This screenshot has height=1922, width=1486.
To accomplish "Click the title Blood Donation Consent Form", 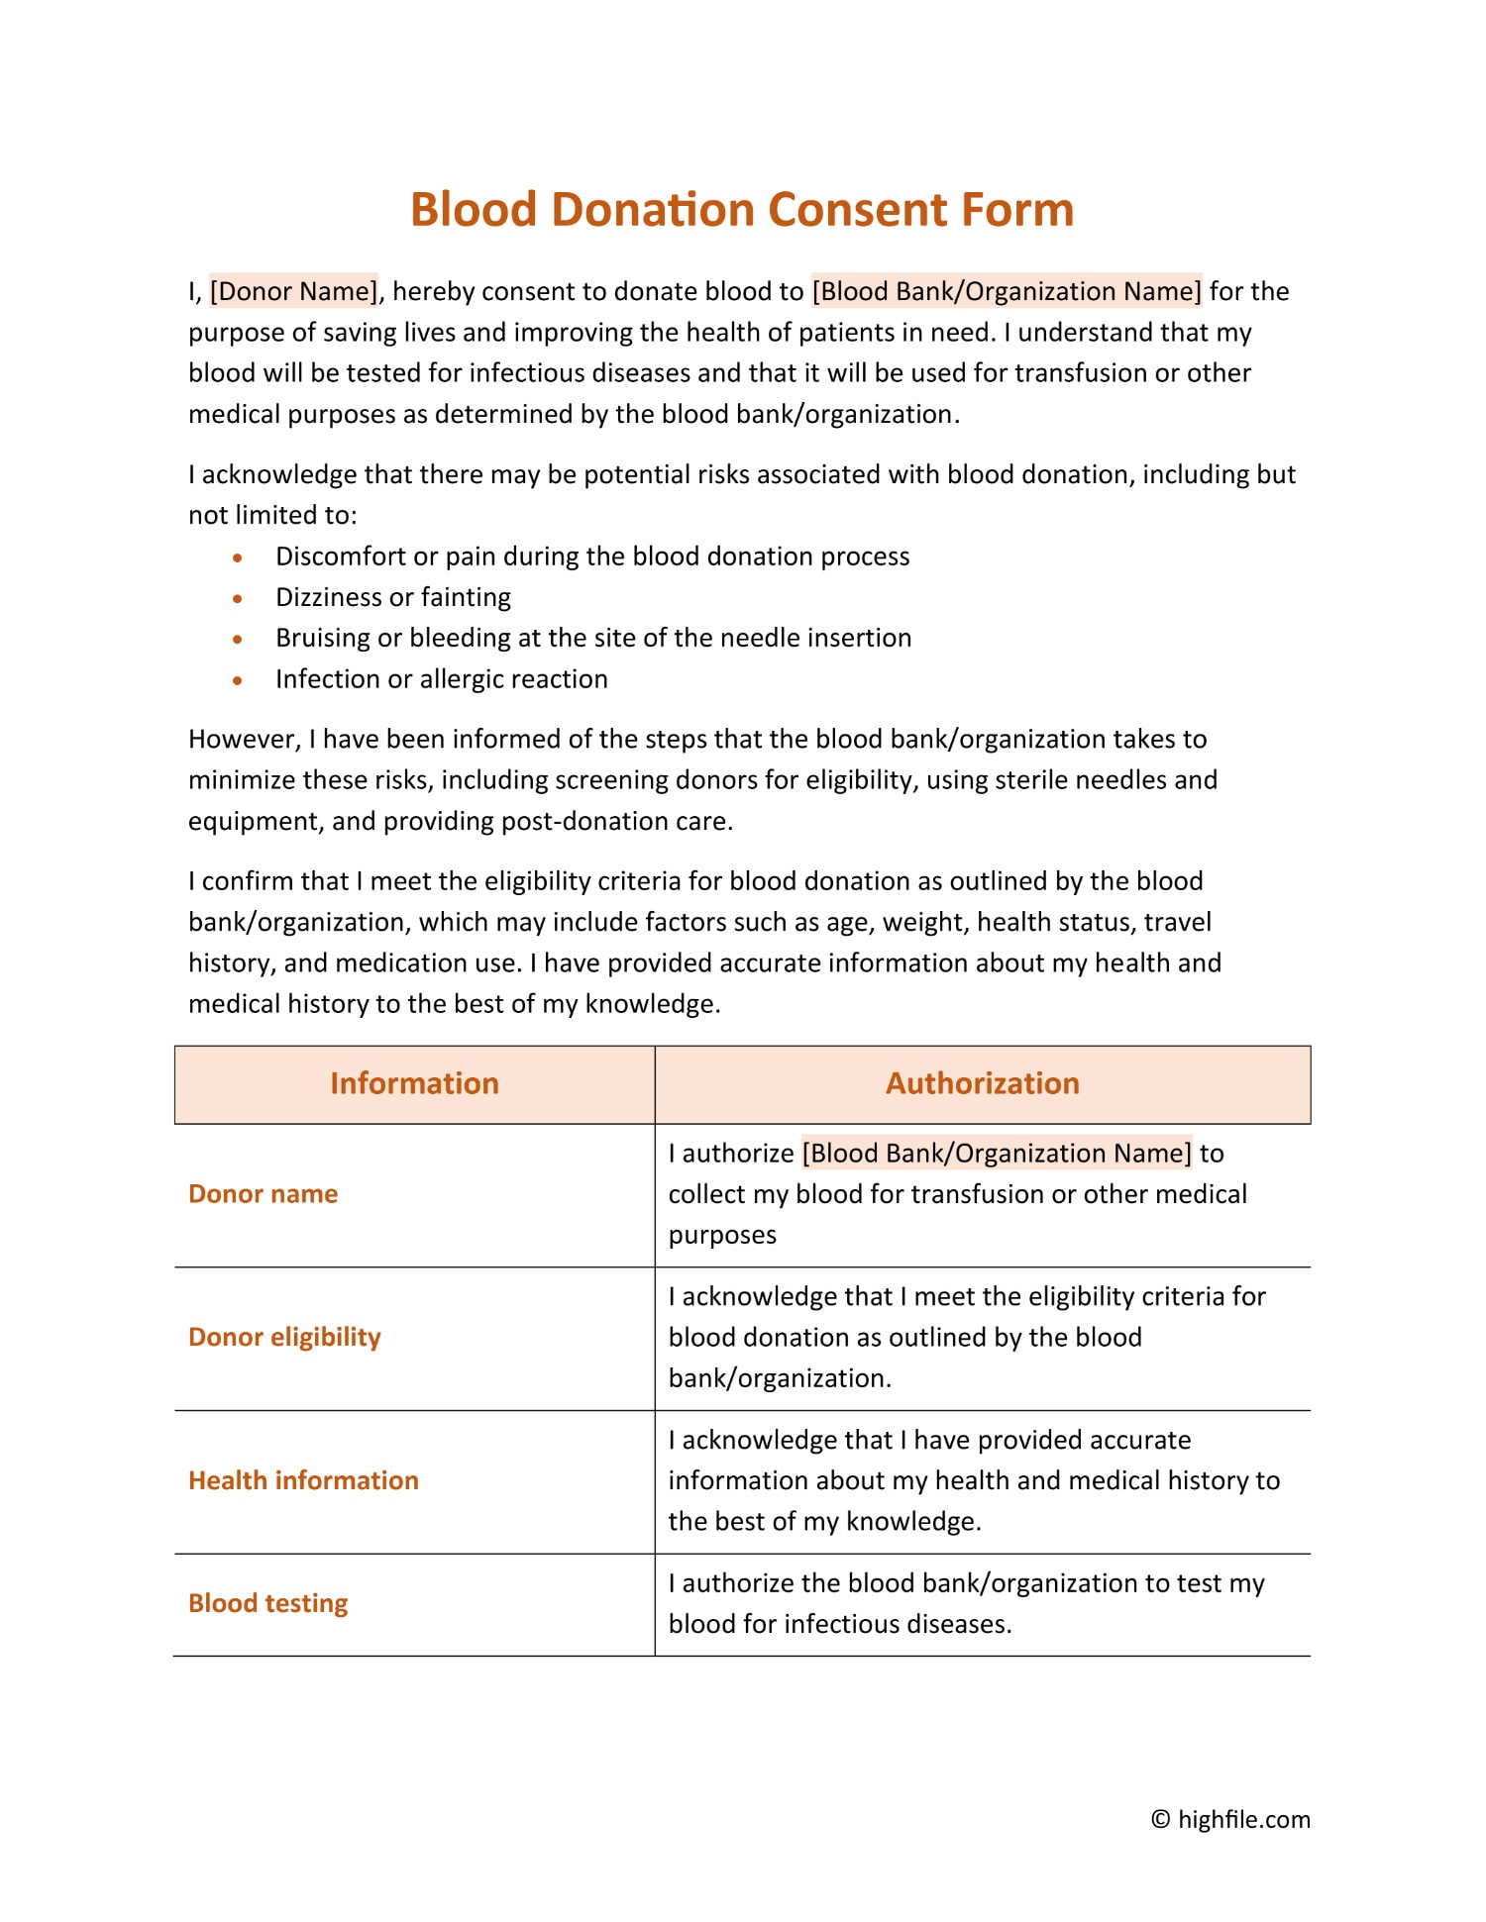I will (742, 210).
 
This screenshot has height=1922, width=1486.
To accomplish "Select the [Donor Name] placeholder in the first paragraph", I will (293, 291).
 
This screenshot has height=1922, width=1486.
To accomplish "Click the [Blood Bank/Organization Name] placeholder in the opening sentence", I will (1007, 291).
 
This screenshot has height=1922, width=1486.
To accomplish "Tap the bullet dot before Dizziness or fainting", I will (238, 598).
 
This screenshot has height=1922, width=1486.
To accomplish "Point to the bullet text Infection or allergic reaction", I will (441, 679).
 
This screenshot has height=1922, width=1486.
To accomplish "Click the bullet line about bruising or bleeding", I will (592, 638).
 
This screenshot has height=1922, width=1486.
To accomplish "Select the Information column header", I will (414, 1083).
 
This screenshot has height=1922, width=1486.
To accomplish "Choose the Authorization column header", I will (982, 1083).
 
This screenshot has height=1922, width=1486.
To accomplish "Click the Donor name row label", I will (263, 1194).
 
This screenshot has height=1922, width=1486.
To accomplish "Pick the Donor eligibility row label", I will (284, 1338).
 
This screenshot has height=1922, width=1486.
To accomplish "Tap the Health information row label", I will (303, 1480).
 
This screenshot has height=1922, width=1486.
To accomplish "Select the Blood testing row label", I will (267, 1603).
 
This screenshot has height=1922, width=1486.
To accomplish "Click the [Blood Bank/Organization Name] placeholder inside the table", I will (997, 1154).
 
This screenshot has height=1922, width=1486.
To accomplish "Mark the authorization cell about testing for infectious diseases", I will (966, 1603).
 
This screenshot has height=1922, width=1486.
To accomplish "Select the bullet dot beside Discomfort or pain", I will (238, 557).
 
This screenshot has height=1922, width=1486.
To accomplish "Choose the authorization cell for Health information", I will (973, 1480).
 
